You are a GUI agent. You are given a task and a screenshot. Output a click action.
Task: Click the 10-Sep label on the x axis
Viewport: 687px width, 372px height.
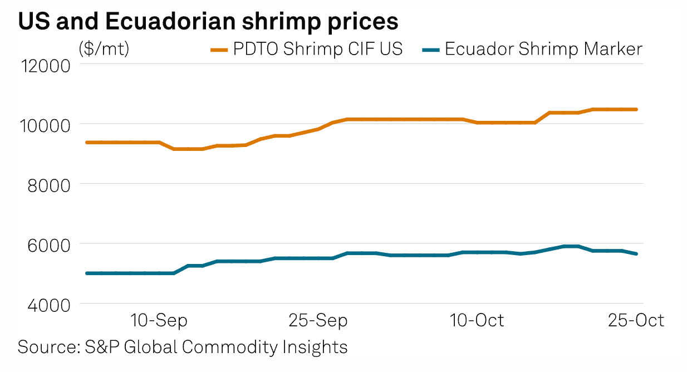159,321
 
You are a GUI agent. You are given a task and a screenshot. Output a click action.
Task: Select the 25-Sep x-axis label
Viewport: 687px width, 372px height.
318,321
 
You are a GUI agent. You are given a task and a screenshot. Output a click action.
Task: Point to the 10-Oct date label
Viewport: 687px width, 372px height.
477,321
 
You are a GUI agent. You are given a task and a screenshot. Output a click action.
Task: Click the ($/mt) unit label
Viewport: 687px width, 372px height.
104,49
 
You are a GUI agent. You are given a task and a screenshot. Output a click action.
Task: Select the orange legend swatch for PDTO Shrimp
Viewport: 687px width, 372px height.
219,50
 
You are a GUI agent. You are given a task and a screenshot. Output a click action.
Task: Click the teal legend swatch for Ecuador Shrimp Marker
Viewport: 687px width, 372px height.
431,50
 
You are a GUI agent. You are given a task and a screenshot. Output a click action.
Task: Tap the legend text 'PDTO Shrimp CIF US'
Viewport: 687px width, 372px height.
317,49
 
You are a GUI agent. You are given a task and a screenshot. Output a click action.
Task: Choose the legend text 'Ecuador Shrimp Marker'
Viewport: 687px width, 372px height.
543,49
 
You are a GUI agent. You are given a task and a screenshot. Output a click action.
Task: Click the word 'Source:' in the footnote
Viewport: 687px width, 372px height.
48,346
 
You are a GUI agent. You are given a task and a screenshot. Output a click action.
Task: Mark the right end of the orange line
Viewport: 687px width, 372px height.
637,110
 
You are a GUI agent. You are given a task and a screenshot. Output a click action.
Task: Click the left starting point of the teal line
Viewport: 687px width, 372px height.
86,273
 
